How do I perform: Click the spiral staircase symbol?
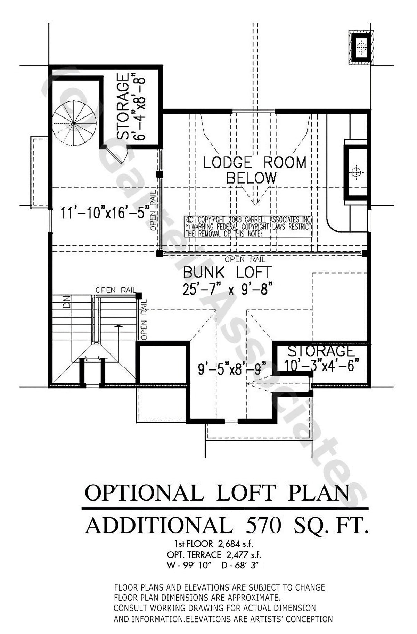[x=74, y=123]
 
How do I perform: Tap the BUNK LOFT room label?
[x=227, y=273]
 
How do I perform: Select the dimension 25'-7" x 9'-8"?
[x=227, y=288]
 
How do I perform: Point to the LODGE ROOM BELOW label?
[x=255, y=170]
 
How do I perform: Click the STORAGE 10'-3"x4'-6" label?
[x=321, y=358]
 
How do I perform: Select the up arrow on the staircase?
[x=119, y=327]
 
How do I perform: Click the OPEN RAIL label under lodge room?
[x=245, y=259]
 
